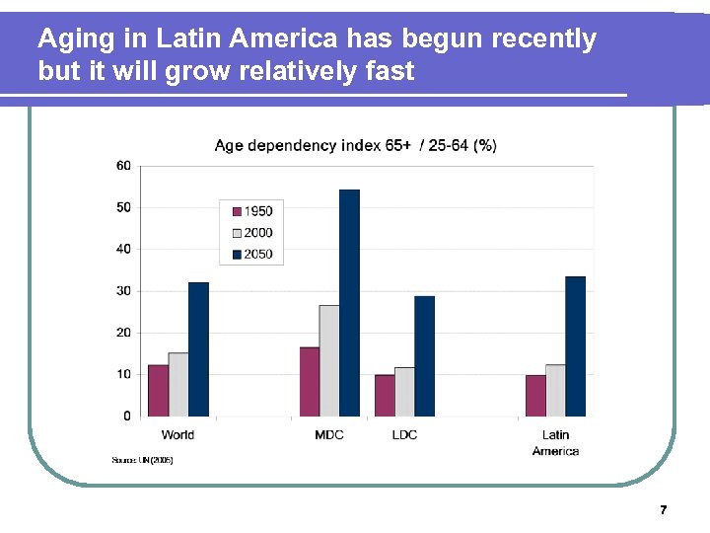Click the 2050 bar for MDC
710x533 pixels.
(x=349, y=302)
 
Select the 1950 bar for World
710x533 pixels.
(x=158, y=390)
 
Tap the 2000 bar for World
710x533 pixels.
(x=178, y=384)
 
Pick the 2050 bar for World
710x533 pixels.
(x=198, y=348)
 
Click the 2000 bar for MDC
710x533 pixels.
(x=329, y=360)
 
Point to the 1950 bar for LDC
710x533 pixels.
(x=385, y=395)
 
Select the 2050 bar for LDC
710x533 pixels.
(x=424, y=355)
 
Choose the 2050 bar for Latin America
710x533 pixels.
(x=575, y=345)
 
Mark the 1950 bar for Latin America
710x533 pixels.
(x=535, y=395)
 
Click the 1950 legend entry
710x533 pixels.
(x=252, y=211)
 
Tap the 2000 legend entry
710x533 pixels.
(x=252, y=233)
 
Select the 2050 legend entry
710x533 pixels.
(x=252, y=255)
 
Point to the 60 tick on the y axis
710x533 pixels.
(x=123, y=166)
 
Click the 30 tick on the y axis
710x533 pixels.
(x=123, y=291)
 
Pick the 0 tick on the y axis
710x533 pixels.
(x=126, y=417)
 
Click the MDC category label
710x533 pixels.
(x=329, y=435)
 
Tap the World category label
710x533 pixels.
(x=177, y=435)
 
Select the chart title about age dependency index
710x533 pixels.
(x=355, y=146)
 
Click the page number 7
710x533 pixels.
(x=663, y=510)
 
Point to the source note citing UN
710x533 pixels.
(x=142, y=460)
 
